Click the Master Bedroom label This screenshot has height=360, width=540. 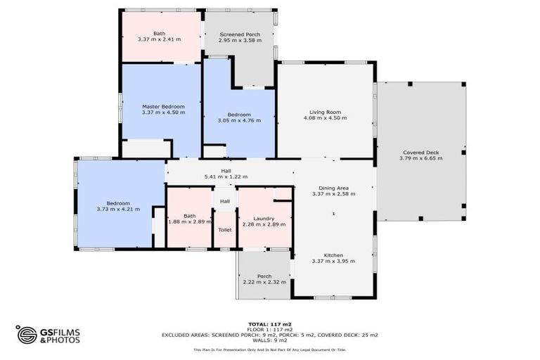tap(163, 106)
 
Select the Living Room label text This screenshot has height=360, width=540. tap(325, 112)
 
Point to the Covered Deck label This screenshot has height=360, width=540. tap(421, 152)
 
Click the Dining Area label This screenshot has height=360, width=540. tap(334, 188)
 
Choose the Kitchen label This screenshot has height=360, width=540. tap(333, 255)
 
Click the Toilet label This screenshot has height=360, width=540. tap(225, 230)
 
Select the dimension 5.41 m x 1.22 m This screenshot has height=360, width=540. tap(226, 176)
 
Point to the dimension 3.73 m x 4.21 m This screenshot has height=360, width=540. tap(118, 209)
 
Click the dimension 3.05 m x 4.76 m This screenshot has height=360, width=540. tap(239, 120)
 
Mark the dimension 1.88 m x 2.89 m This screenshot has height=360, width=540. tap(189, 222)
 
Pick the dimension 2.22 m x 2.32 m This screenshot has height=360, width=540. tap(264, 282)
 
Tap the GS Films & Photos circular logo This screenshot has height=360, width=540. tap(27, 335)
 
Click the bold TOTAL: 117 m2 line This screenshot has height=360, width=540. tap(270, 324)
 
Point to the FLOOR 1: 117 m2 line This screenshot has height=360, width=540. tap(270, 329)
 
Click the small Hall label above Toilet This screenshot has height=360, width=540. tap(225, 202)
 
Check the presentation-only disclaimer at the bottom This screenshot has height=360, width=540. tap(270, 349)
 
